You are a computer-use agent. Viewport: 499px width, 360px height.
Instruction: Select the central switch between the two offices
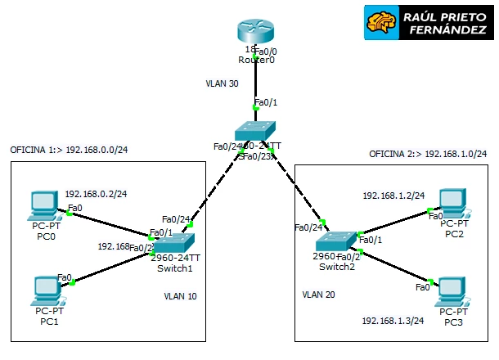tap(256, 132)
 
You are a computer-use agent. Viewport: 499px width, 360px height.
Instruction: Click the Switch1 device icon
tap(176, 243)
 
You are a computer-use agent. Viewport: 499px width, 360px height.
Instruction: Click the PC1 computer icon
tap(46, 290)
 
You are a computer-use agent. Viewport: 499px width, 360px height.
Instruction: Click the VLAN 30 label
tap(223, 83)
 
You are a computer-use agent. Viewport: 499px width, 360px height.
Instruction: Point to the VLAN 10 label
tap(180, 296)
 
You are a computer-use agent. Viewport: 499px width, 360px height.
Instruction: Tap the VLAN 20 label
tap(318, 293)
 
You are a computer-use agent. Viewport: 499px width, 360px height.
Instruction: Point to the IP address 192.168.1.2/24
tap(393, 196)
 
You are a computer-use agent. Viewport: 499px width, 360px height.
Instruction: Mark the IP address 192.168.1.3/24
tap(393, 321)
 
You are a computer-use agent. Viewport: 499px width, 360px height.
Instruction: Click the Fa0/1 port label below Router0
tap(267, 102)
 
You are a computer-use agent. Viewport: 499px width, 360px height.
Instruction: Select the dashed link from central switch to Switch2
tap(297, 189)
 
